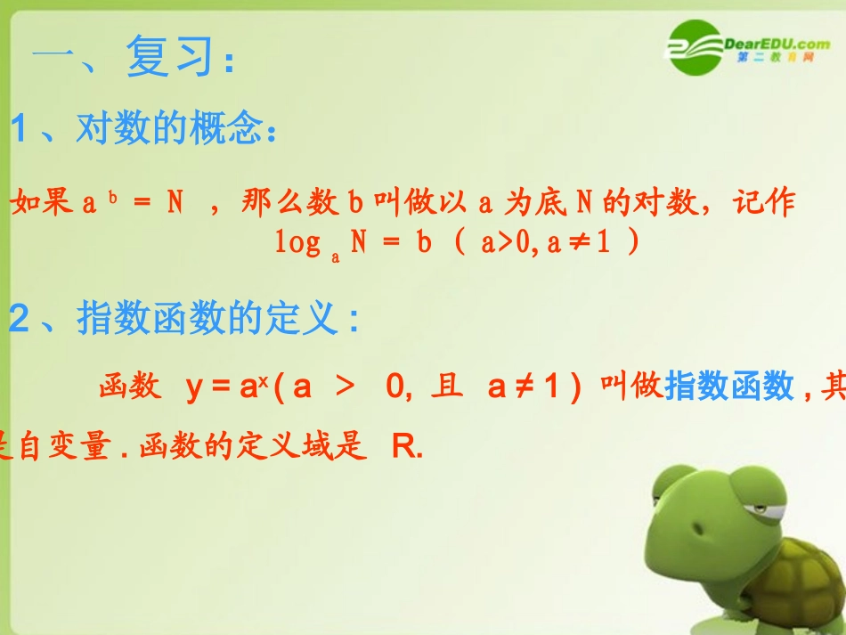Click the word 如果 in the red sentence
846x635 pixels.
[41, 204]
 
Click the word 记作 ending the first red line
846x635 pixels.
[763, 204]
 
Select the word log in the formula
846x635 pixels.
[297, 243]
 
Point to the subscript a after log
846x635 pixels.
[336, 256]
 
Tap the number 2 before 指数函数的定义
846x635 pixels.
[19, 319]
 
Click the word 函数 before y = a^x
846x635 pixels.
[130, 387]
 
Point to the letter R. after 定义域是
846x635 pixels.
[406, 448]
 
